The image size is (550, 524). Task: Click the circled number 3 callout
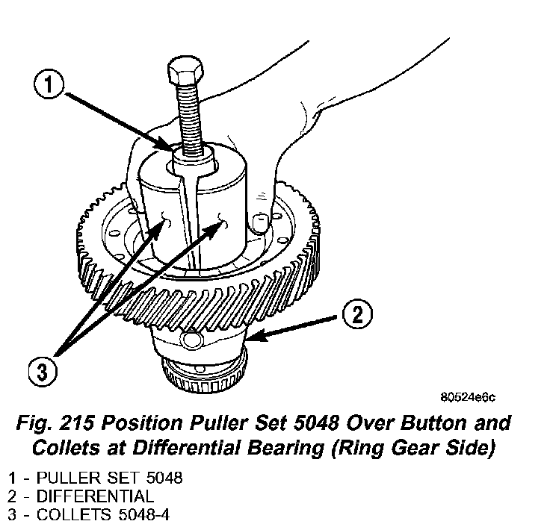[43, 370]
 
